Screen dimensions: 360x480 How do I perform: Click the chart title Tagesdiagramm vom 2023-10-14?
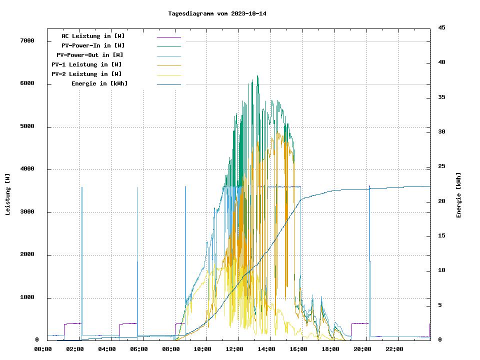coord(217,13)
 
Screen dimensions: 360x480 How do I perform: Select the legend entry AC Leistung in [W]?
coord(93,36)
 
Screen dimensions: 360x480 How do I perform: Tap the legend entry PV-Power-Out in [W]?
coord(90,55)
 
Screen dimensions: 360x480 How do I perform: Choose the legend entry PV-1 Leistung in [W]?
coord(86,64)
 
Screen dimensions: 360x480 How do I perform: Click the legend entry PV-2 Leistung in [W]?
coord(86,74)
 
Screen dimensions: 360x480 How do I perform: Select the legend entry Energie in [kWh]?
coord(99,83)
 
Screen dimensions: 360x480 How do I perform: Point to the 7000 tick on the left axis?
coord(27,41)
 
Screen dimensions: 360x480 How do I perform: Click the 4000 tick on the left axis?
coord(27,169)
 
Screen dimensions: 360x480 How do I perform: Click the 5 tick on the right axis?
coord(440,305)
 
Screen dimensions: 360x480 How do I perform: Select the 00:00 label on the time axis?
coord(43,349)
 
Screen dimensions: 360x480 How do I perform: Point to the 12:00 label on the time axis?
coord(234,349)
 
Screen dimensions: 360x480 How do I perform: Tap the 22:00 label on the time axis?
coord(394,349)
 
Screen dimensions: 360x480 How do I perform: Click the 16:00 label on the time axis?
coord(298,349)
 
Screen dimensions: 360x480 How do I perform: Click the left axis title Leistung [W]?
coord(8,194)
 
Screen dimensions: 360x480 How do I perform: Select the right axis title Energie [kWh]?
coord(459,195)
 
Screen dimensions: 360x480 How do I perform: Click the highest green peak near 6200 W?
coord(258,76)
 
